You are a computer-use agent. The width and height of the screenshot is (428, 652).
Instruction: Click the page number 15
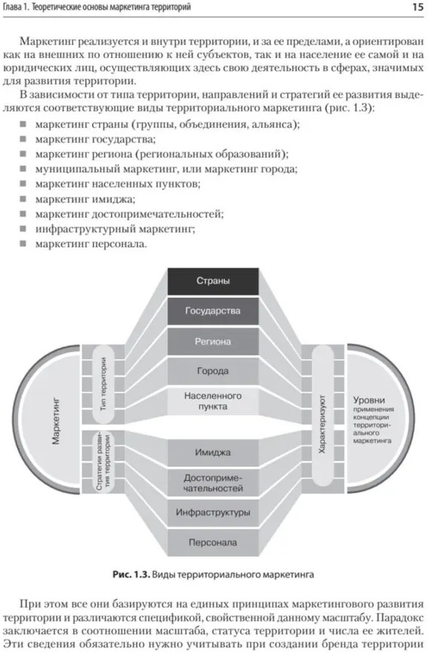417,7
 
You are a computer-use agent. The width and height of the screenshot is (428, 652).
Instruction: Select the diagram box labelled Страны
213,281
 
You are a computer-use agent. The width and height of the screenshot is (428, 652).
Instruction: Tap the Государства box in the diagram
213,311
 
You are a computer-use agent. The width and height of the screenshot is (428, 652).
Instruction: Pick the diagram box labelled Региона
213,341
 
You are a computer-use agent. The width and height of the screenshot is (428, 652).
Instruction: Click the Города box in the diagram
213,371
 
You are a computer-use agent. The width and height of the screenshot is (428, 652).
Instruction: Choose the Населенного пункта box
213,401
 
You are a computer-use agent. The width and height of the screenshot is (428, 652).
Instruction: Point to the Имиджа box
213,453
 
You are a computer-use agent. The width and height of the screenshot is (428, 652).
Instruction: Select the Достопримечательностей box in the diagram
213,483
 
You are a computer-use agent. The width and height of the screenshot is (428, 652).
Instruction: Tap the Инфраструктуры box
213,512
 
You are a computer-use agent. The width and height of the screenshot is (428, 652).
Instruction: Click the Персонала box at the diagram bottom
213,543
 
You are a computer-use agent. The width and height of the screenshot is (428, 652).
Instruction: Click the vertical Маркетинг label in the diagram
56,422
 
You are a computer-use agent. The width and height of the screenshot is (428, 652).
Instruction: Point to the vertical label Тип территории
103,384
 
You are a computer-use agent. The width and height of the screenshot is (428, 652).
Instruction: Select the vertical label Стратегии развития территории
103,463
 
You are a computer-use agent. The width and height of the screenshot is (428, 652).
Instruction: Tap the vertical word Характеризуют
322,424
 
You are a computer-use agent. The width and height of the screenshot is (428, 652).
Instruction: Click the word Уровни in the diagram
369,400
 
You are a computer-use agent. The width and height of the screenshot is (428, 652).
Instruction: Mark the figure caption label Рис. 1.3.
131,575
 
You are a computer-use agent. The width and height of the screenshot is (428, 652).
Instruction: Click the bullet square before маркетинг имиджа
23,198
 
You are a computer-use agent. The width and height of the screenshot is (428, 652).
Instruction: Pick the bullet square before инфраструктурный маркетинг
23,229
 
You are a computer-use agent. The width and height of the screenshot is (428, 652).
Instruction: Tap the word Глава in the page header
11,7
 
